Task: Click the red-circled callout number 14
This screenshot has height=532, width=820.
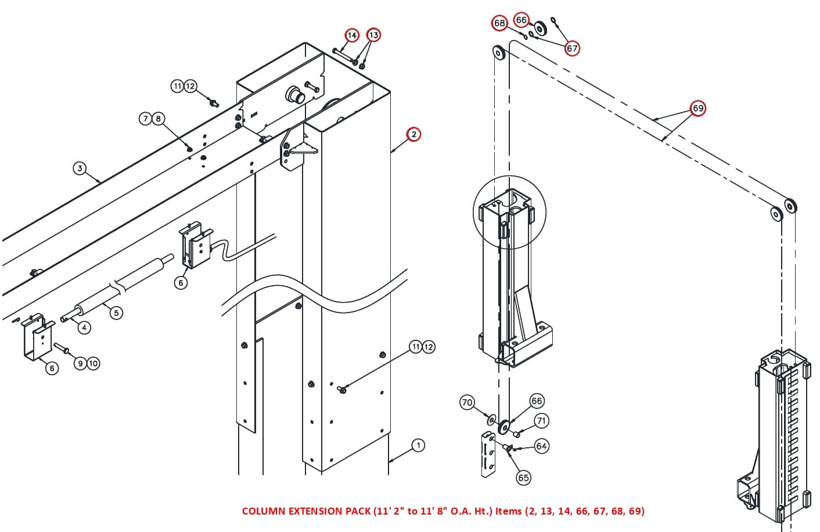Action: point(352,35)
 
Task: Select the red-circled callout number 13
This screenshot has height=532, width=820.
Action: point(373,35)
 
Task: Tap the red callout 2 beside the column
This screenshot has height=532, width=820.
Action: point(413,134)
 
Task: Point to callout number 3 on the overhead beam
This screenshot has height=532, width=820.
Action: point(80,168)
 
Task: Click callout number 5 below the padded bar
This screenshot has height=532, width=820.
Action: point(116,312)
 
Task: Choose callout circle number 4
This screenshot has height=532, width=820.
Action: point(84,328)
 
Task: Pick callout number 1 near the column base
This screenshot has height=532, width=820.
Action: point(418,445)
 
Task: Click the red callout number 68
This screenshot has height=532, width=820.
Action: point(499,23)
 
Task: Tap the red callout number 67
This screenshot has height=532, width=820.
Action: point(572,48)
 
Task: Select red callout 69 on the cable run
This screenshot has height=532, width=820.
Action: point(697,109)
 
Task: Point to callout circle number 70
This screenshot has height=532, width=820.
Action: point(467,402)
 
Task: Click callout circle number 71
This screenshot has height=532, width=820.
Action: point(541,420)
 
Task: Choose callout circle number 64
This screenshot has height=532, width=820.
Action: point(541,446)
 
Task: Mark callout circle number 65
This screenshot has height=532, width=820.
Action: point(523,477)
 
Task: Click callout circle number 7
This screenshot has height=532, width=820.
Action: point(145,118)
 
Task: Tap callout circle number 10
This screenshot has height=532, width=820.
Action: point(93,363)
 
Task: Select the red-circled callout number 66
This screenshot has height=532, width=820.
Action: point(522,20)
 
